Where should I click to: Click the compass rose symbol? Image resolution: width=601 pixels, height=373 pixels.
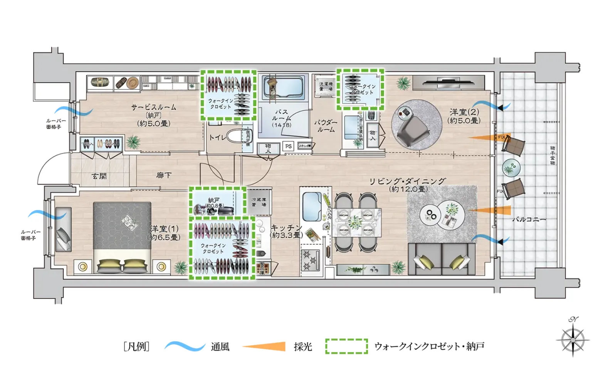(573, 339)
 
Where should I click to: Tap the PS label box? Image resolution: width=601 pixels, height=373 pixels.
(289, 146)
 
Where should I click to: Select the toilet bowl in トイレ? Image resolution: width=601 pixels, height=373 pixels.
(235, 136)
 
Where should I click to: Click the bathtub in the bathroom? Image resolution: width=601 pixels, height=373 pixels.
(283, 86)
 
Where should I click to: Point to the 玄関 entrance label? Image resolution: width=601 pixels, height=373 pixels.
(99, 176)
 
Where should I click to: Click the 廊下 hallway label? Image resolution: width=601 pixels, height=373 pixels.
(164, 175)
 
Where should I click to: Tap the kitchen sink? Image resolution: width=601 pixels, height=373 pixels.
(312, 205)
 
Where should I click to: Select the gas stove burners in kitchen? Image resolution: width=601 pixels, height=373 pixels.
(311, 260)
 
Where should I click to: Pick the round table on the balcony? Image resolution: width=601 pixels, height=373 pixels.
(511, 168)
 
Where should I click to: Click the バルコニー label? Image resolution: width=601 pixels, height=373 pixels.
(529, 219)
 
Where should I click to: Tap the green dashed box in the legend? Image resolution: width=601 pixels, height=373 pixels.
(346, 346)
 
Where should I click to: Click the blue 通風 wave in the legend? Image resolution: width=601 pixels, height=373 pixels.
(185, 346)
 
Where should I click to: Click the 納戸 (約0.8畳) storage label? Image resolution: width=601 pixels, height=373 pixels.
(214, 203)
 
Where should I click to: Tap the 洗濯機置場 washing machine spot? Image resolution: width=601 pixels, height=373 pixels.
(325, 86)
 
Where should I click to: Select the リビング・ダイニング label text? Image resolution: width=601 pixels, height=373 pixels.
(408, 181)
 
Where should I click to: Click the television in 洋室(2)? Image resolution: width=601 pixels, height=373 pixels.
(448, 82)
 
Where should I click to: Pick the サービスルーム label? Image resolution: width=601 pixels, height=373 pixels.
(154, 107)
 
